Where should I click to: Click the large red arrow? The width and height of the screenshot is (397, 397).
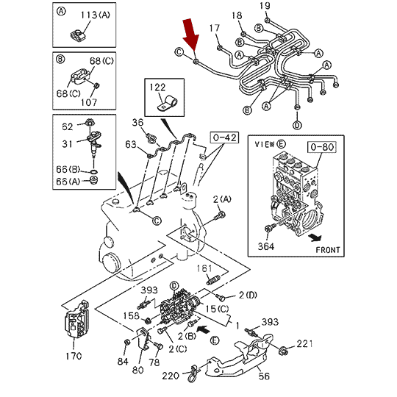point(191,35)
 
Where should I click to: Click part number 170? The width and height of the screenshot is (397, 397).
point(74,357)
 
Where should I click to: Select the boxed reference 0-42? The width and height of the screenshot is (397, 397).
point(224,137)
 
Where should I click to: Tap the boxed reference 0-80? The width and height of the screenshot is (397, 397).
point(322,147)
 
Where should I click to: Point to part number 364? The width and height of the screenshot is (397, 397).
point(266,246)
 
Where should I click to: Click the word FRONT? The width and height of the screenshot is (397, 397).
point(328,250)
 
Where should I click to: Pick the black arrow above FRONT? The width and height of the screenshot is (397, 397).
point(315,237)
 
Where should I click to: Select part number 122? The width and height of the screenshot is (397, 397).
point(157,87)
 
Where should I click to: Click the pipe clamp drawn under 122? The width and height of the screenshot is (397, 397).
point(168,104)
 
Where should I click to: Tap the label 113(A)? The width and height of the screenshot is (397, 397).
point(96,15)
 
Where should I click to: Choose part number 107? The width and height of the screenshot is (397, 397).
point(89,102)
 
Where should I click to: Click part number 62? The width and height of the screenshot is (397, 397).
point(68,126)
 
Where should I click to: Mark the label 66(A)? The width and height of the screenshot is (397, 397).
point(68,182)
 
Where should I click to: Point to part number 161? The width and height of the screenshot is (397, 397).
point(204,268)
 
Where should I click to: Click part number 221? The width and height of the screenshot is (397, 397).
point(304,344)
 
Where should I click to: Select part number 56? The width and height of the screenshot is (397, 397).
point(264,376)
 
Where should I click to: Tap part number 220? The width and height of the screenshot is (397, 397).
point(171,376)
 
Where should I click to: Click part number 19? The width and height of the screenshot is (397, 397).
point(265,6)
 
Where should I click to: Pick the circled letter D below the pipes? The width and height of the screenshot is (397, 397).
point(297,125)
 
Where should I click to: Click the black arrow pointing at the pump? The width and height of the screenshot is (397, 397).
point(204,329)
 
